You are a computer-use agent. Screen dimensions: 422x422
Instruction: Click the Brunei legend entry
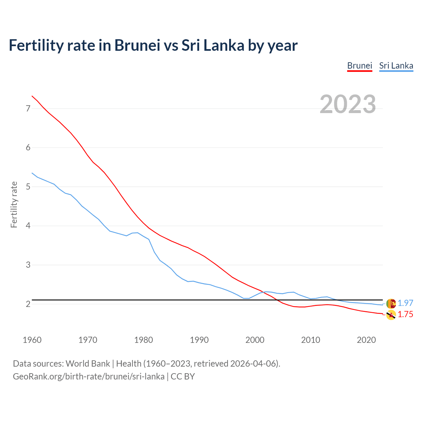(359, 66)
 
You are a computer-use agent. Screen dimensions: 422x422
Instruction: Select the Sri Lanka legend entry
(396, 66)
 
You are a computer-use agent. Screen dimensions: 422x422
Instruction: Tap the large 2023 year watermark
(348, 104)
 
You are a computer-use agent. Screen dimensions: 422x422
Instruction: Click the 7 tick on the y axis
(28, 108)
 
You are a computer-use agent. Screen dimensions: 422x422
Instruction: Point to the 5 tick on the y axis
(28, 187)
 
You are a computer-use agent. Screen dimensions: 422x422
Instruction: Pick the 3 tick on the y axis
(28, 265)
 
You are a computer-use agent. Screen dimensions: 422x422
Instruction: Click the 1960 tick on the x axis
(32, 340)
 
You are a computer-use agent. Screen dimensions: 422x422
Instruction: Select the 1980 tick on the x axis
(143, 340)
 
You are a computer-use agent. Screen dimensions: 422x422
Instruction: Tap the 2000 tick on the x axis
(255, 340)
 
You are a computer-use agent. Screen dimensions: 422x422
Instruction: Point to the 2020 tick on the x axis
(366, 340)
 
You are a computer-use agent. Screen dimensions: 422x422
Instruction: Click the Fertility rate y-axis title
(14, 204)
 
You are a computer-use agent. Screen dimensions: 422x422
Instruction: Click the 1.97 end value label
(405, 303)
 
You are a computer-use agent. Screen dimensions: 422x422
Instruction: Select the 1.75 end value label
(405, 314)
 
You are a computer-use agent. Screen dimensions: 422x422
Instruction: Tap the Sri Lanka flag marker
(391, 303)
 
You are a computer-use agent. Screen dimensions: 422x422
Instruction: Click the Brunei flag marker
(391, 315)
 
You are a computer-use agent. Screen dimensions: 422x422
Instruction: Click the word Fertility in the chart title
(36, 45)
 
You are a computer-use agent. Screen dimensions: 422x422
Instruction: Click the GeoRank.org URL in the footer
(88, 377)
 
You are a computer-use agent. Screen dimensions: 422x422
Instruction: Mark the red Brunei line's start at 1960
(32, 96)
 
